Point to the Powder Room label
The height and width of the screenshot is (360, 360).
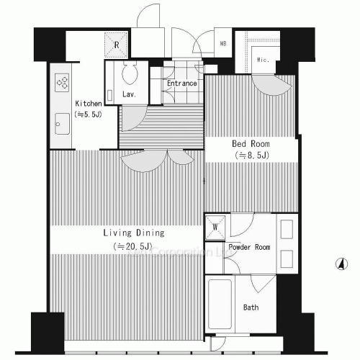tap(249, 247)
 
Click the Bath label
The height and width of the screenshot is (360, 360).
tap(251, 307)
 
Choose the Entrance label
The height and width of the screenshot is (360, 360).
tap(182, 84)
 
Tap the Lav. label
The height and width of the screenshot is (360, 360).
tap(130, 94)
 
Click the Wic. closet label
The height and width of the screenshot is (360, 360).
tap(263, 60)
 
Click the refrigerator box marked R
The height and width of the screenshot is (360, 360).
tap(116, 45)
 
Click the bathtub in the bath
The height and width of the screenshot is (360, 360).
tap(220, 306)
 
